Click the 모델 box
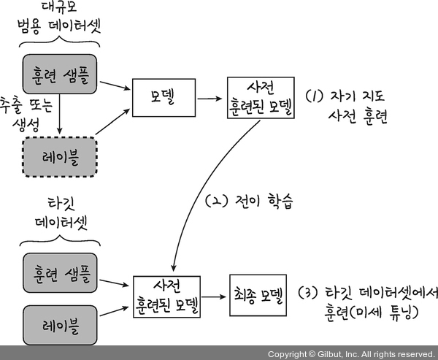164,96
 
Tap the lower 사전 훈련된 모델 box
167,296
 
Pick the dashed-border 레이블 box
59,156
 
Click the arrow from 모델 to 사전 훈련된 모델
211,96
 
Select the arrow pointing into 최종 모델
215,296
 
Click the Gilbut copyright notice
350,353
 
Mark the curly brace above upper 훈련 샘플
60,46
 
